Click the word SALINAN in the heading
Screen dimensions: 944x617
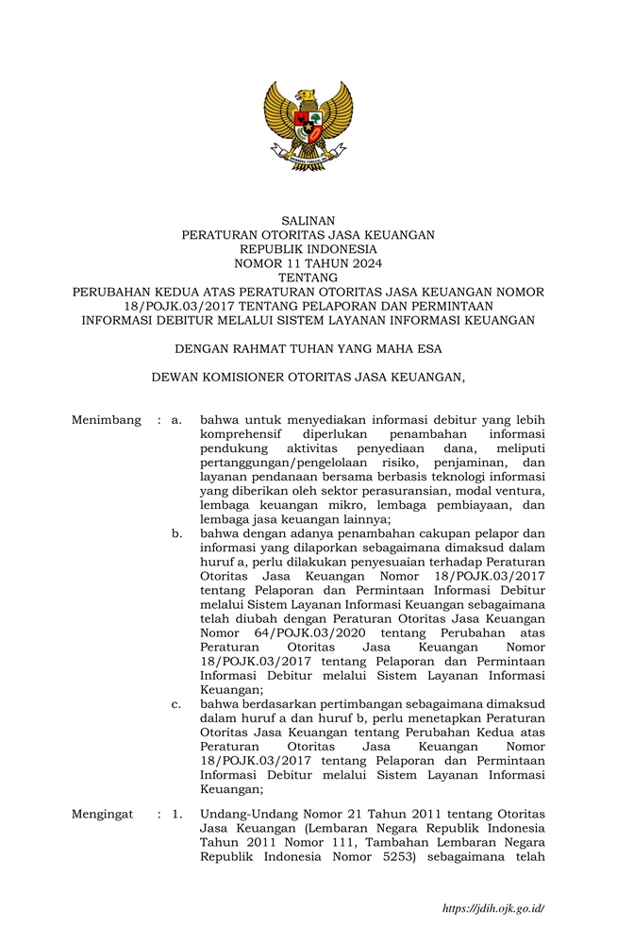pos(308,220)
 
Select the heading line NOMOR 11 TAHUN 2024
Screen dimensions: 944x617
pos(308,263)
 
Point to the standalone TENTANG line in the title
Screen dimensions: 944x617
pos(308,278)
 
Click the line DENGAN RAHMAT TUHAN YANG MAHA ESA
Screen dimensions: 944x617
pos(308,348)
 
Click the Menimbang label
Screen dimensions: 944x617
pos(106,420)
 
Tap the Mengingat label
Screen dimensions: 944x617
pos(103,814)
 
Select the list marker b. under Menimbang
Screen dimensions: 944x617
pos(176,533)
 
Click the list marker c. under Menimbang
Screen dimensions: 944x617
pos(176,704)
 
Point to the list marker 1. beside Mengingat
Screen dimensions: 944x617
pos(176,814)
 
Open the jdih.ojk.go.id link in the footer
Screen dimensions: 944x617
pos(492,909)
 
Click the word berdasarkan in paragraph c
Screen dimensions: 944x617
pos(274,704)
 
